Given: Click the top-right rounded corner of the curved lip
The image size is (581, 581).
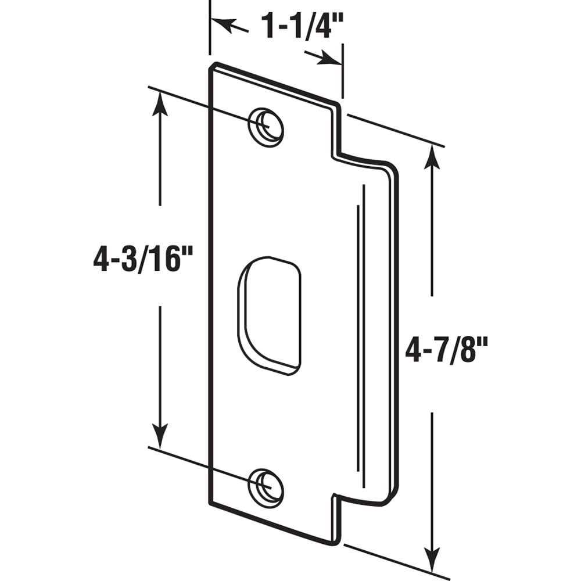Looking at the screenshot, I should (x=392, y=168).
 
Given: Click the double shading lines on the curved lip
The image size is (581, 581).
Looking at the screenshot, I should (x=360, y=325).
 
